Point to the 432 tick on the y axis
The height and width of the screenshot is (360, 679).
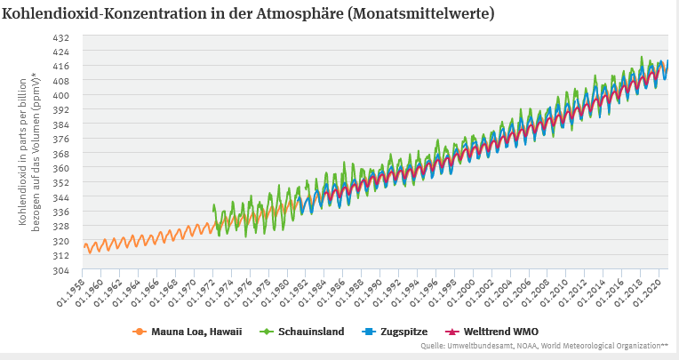point(61,37)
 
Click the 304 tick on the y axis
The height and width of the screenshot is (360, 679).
point(61,270)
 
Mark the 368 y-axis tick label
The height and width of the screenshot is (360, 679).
point(61,154)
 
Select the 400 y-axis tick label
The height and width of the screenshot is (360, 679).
point(61,95)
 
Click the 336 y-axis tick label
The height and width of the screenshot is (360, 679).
point(61,212)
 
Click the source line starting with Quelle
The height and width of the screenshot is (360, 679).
point(544,347)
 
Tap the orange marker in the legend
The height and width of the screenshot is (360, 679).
point(139,332)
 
